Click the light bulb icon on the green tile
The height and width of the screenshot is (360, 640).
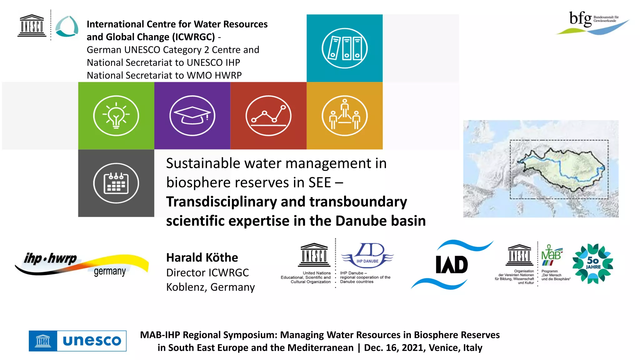pyautogui.click(x=116, y=116)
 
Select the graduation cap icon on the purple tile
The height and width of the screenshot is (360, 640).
pyautogui.click(x=192, y=116)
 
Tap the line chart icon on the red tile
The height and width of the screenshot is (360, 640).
pyautogui.click(x=268, y=116)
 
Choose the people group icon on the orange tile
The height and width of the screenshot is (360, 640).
pyautogui.click(x=344, y=116)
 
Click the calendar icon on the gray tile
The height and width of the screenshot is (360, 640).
pyautogui.click(x=116, y=183)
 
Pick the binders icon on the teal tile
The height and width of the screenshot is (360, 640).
pyautogui.click(x=344, y=48)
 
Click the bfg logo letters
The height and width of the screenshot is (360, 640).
pyautogui.click(x=580, y=19)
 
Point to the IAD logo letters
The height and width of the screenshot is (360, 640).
pyautogui.click(x=452, y=265)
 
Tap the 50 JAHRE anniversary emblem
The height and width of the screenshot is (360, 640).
pyautogui.click(x=592, y=264)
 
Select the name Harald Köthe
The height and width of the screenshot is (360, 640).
pyautogui.click(x=202, y=257)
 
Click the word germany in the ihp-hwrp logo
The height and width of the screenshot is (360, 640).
pyautogui.click(x=110, y=271)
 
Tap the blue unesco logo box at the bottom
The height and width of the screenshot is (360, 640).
pyautogui.click(x=77, y=341)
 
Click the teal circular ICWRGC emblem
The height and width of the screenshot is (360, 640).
pyautogui.click(x=67, y=26)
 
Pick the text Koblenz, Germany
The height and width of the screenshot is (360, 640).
pyautogui.click(x=210, y=287)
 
